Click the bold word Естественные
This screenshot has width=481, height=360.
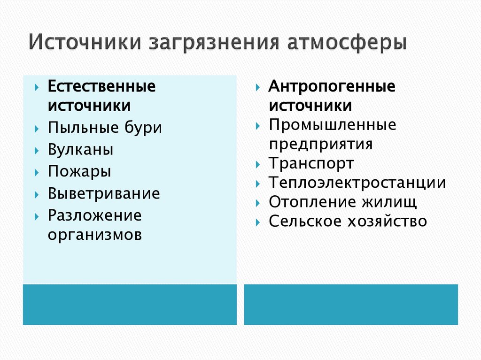[x=101, y=86]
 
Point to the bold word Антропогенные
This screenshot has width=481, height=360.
[x=332, y=86]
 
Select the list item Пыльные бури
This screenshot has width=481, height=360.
[x=104, y=128]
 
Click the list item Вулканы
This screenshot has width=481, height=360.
[x=80, y=150]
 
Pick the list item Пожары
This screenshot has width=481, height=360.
[x=79, y=172]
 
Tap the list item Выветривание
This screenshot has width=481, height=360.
[x=103, y=193]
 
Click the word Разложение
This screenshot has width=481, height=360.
[x=94, y=215]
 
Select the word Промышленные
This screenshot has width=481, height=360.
[x=332, y=125]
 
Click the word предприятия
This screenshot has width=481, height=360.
[x=320, y=144]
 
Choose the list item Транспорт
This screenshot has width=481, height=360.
[x=311, y=163]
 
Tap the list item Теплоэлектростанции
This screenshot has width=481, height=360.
[x=357, y=183]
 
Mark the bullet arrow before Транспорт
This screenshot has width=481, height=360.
[x=258, y=165]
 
